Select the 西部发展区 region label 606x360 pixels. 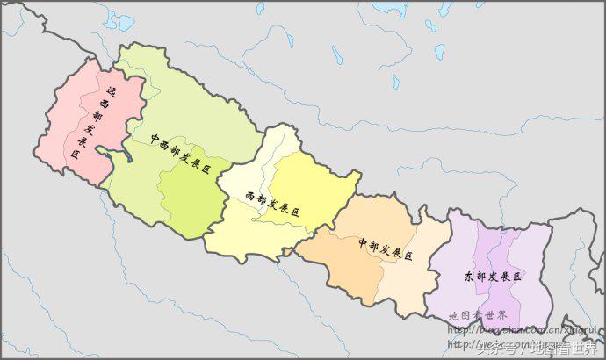[x=273, y=205]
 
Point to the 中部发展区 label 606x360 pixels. [x=386, y=248]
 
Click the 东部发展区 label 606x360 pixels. [x=493, y=277]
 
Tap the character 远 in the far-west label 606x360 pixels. [x=112, y=90]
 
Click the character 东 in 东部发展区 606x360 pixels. [x=469, y=277]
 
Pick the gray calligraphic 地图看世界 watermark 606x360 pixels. [x=477, y=316]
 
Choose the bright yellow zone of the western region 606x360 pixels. [x=316, y=189]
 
